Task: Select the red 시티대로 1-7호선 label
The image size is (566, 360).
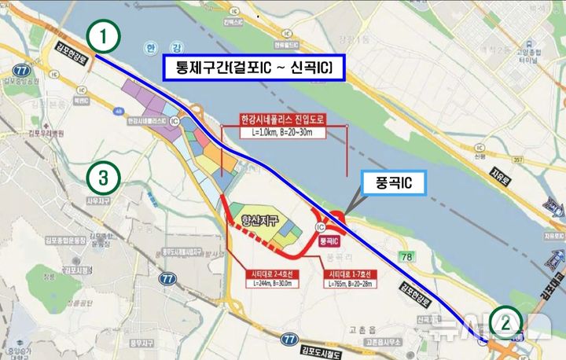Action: [349, 274]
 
